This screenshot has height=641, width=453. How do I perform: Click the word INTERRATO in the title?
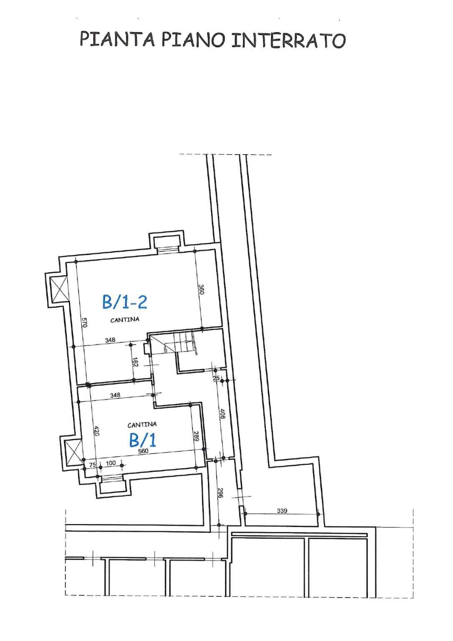tap(288, 40)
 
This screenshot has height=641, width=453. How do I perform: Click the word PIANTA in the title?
tap(117, 39)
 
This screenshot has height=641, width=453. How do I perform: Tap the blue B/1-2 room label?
tap(124, 302)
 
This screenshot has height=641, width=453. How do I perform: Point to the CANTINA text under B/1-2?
tap(125, 319)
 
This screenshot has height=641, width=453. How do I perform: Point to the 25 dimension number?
tap(216, 378)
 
